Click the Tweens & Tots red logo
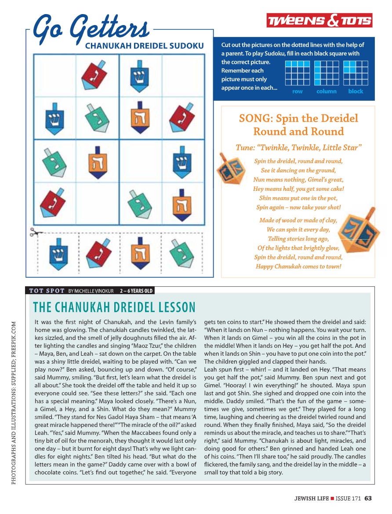[319, 20]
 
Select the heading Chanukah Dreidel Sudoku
[144, 46]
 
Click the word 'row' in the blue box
[298, 91]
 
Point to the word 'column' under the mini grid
[326, 91]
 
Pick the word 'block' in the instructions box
[356, 91]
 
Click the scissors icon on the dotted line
[35, 232]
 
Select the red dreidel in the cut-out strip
[98, 254]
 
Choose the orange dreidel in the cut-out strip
[139, 254]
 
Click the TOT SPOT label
[47, 291]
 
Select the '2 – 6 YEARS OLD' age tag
[136, 291]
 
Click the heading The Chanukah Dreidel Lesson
[114, 306]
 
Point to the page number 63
[368, 498]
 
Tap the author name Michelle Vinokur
[92, 291]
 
